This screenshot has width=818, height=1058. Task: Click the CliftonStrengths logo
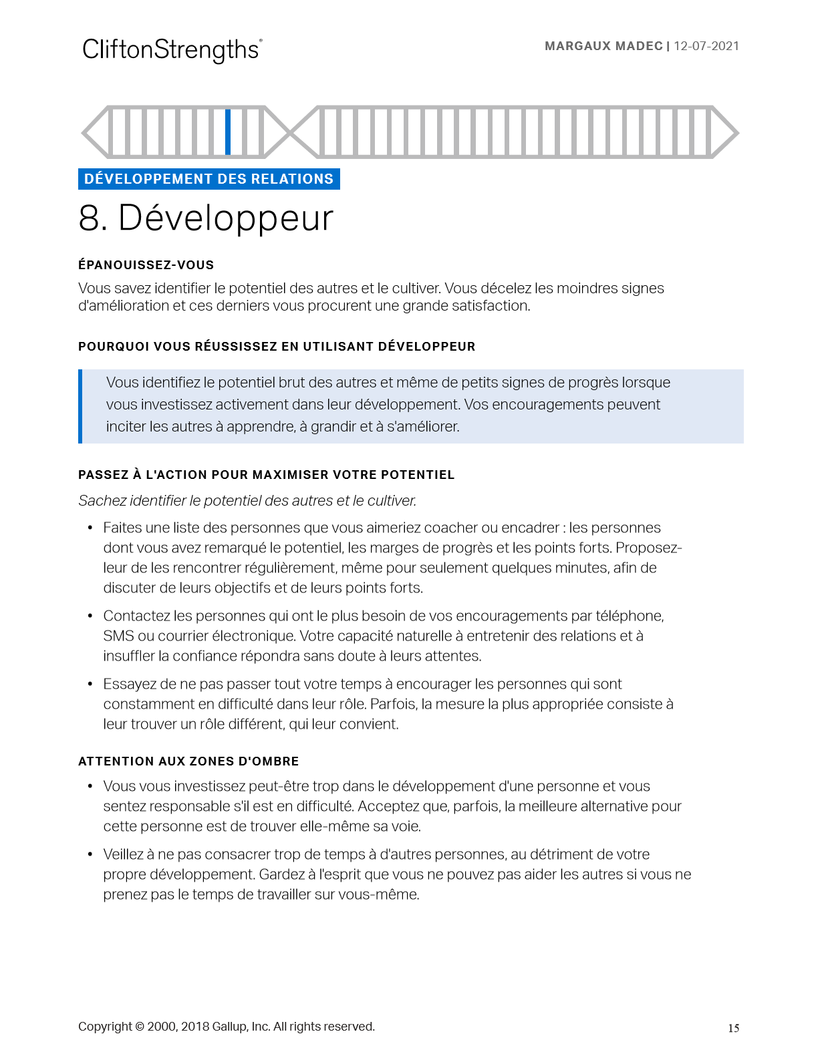point(172,50)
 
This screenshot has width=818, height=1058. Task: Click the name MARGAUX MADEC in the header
point(603,46)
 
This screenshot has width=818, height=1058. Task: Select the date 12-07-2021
point(706,46)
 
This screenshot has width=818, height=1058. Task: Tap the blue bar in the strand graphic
point(228,132)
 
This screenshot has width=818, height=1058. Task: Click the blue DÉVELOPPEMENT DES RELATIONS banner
point(209,179)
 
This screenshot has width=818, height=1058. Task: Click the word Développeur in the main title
point(225,219)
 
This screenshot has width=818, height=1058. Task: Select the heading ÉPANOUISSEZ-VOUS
point(146,265)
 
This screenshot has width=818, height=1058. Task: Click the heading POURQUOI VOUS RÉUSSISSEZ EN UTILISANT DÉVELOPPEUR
point(277,347)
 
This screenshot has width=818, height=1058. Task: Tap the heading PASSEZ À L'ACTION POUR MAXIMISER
point(266,475)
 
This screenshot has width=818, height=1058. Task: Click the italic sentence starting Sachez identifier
point(247,501)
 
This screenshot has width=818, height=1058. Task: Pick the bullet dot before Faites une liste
point(90,528)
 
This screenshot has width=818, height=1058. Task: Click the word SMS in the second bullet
point(118,636)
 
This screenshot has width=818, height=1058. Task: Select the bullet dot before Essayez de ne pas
point(90,685)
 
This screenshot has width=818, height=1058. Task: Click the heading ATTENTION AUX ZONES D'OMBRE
point(188,761)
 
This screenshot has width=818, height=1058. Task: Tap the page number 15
point(733,1028)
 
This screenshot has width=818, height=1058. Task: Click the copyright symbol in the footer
point(140,1027)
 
